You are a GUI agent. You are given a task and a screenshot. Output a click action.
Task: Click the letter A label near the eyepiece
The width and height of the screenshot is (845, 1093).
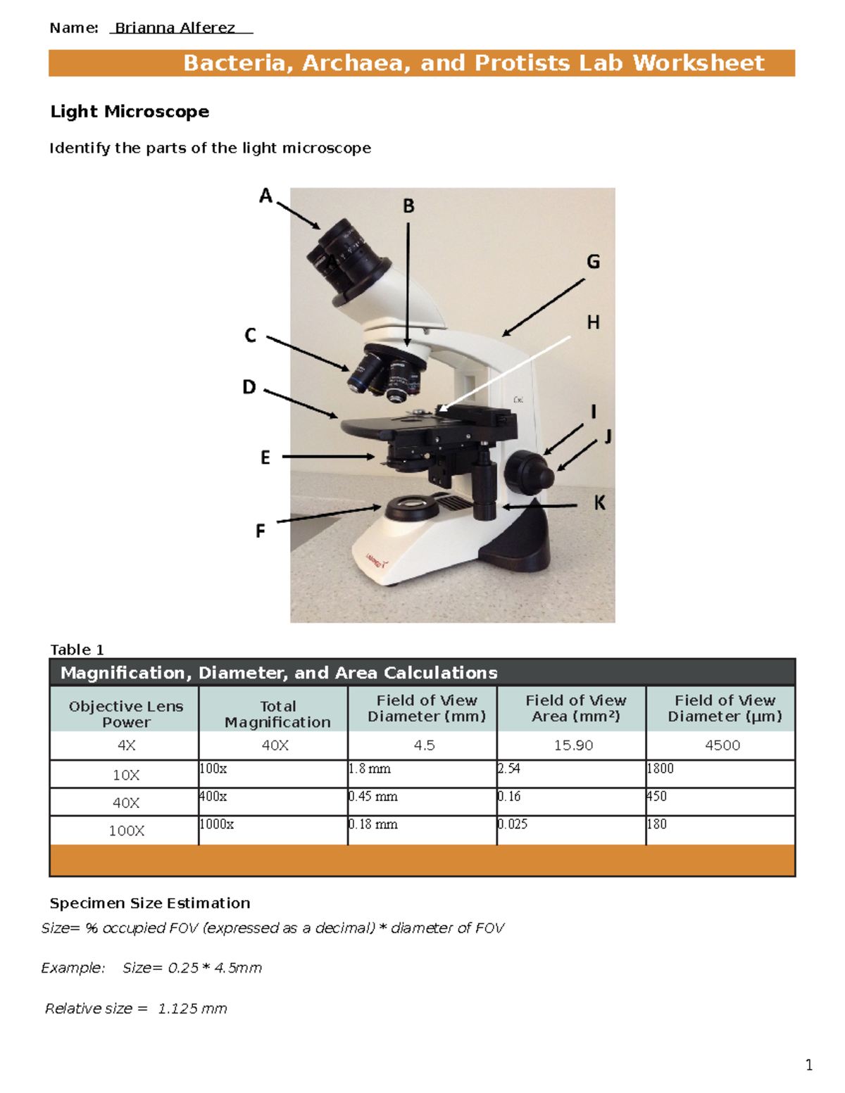[265, 196]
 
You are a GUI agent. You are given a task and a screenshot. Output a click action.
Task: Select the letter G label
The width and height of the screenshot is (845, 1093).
[594, 262]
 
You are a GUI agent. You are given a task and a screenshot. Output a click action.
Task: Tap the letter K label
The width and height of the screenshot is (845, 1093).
[599, 503]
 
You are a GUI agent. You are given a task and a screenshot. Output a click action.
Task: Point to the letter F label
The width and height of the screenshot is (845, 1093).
[260, 531]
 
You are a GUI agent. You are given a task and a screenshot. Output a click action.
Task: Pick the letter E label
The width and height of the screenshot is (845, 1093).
[265, 457]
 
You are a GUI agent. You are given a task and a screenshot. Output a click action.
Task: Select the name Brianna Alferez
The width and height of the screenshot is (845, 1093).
[175, 28]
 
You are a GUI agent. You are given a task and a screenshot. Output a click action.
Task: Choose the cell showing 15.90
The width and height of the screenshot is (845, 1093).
[573, 745]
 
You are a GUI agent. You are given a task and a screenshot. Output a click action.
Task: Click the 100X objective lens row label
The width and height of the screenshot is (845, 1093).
[126, 830]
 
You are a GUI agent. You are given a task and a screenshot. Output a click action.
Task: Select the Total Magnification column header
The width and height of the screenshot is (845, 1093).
[277, 714]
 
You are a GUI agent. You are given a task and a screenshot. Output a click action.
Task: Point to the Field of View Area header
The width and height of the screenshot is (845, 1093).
[575, 708]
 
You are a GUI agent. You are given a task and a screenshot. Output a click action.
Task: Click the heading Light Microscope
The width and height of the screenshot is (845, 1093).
[130, 111]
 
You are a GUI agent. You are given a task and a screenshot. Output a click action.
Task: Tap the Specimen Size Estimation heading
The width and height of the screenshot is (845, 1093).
[150, 903]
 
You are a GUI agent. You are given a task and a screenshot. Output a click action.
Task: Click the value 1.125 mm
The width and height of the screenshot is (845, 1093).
[192, 1009]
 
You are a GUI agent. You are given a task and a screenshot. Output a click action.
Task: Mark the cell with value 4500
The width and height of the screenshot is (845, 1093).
[722, 745]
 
